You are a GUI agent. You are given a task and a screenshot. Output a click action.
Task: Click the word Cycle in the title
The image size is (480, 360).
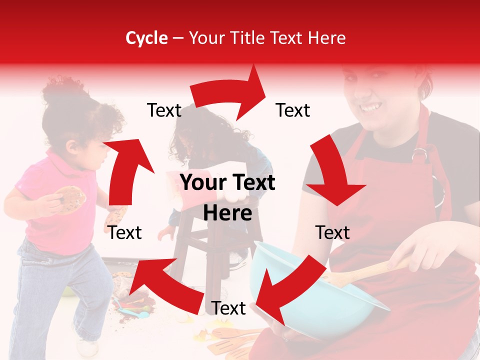click(146, 38)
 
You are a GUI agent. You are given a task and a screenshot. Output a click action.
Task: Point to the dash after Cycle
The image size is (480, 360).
click(178, 38)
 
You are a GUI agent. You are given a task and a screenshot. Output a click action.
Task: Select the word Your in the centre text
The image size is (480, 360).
click(202, 183)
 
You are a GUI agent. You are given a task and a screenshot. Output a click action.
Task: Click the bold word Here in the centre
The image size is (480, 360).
click(227, 213)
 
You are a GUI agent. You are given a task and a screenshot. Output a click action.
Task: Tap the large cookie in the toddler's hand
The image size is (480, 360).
click(70, 198)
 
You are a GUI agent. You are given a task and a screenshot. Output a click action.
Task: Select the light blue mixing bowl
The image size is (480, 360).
click(320, 300)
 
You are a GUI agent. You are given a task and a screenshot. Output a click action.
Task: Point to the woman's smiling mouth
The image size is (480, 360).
click(370, 107)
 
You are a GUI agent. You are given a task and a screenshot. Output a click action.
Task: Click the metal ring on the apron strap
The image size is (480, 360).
click(419, 154)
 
